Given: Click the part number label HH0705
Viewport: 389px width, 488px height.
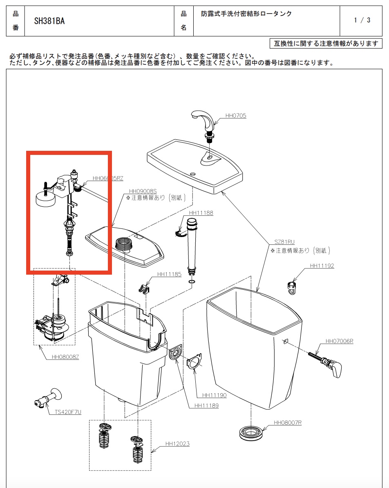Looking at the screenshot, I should point(236,116).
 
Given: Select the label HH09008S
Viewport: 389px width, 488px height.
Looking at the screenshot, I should point(143,191).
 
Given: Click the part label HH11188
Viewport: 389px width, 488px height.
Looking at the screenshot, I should point(201,213).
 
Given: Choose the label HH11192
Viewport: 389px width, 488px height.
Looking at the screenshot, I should point(322,266).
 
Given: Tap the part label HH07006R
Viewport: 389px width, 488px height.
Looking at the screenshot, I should point(339,341).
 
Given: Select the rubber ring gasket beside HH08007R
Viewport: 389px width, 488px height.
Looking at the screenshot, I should point(250,432).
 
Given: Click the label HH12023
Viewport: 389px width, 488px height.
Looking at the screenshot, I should point(177,444).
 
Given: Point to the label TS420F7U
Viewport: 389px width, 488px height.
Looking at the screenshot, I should point(68,412).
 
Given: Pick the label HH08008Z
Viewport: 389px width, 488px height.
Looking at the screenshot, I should point(65,357).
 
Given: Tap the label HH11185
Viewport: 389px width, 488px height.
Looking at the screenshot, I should point(169,274).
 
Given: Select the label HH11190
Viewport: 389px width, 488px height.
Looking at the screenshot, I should point(211,395).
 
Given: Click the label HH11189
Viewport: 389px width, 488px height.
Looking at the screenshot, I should point(206,405).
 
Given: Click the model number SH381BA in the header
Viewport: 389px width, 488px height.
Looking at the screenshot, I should point(49,21).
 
